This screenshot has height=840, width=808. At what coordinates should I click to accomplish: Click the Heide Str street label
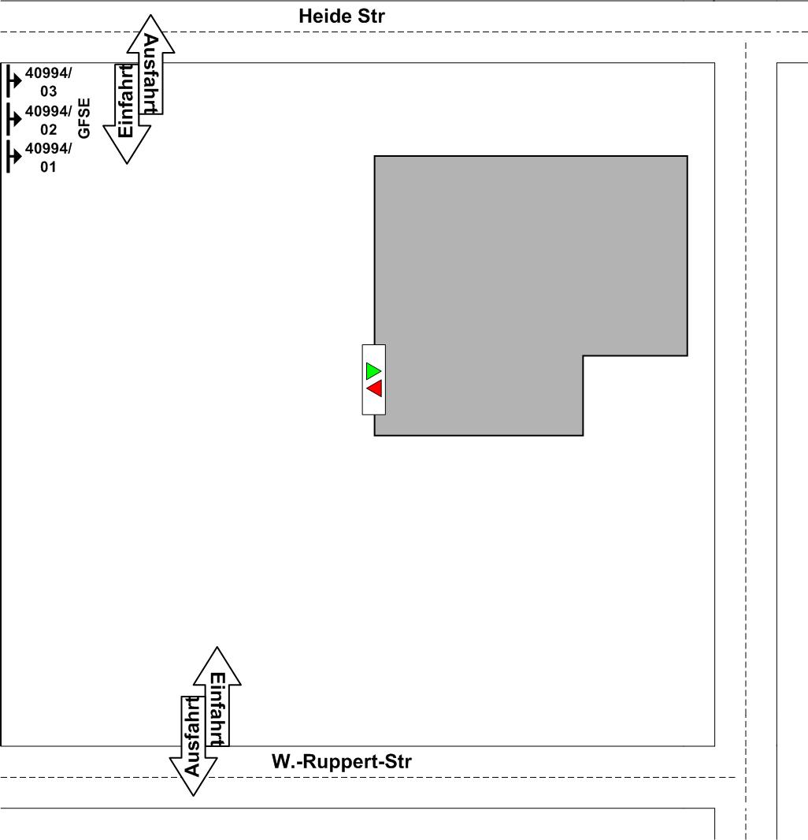point(342,16)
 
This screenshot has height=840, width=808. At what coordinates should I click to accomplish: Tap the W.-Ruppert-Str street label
point(341,762)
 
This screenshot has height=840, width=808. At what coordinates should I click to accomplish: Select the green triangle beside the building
point(373,370)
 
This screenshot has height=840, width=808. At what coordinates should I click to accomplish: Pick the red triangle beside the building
point(374,388)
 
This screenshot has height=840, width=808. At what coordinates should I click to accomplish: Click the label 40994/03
point(48,82)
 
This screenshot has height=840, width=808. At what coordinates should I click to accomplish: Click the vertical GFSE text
point(85,118)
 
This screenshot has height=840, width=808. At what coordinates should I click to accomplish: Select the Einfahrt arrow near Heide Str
point(126,110)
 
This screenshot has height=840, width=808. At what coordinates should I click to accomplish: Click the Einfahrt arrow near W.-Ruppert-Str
point(217,701)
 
